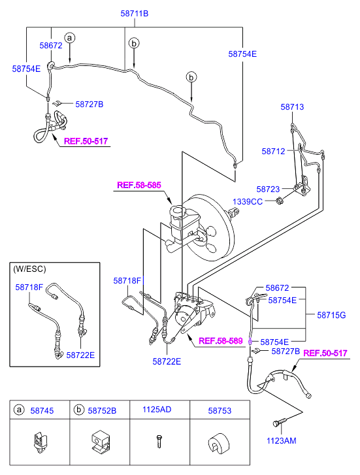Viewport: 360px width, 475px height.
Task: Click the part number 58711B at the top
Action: pos(134,14)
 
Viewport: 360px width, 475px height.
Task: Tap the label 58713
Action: pos(292,107)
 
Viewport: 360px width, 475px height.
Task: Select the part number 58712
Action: pos(273,152)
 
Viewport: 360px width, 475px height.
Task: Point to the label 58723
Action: pos(268,189)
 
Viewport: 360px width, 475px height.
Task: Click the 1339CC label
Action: pos(248,202)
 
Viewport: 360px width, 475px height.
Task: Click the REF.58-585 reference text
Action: pos(139,185)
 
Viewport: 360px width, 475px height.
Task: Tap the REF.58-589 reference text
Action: pos(221,341)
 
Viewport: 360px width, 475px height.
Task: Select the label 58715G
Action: pos(331,316)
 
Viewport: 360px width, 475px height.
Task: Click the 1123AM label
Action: pos(281,441)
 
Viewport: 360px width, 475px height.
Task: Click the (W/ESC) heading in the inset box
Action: pos(29,269)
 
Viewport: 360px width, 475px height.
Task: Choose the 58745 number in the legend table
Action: pos(42,411)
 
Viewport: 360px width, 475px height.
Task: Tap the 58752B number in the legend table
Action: pos(102,411)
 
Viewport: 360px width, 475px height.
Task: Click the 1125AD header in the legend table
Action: pos(157,410)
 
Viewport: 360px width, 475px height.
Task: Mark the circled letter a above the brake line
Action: pos(70,38)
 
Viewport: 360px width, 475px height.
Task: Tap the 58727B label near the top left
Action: pos(90,105)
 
